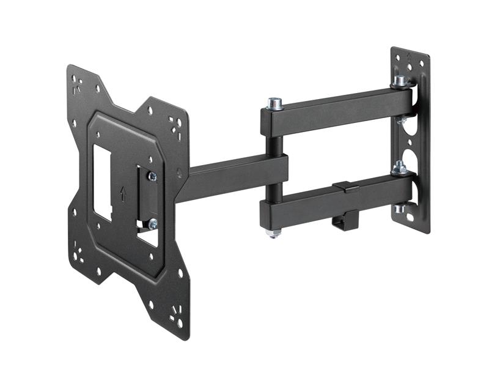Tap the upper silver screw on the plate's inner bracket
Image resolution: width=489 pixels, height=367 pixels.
tap(152, 177)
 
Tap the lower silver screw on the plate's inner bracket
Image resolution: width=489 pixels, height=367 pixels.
tap(152, 223)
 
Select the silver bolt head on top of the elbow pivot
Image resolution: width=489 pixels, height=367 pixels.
tap(275, 103)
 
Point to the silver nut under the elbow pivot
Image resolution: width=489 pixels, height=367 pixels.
tap(274, 233)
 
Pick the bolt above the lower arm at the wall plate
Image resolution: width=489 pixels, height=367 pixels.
tap(400, 166)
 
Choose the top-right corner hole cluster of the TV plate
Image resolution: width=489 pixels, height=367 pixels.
tap(178, 125)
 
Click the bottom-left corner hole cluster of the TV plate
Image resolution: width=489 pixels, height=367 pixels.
tap(78, 251)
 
